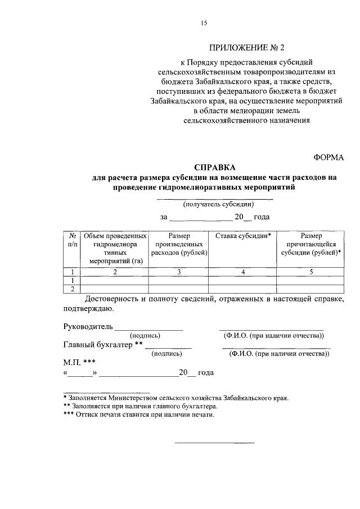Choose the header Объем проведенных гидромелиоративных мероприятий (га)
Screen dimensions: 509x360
click(115, 248)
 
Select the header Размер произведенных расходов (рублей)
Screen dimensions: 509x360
click(179, 244)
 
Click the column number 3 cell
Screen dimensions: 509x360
click(179, 272)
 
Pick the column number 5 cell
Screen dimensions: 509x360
click(311, 272)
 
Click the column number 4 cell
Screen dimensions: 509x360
click(244, 272)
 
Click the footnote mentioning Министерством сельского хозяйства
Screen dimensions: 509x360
click(175, 397)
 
